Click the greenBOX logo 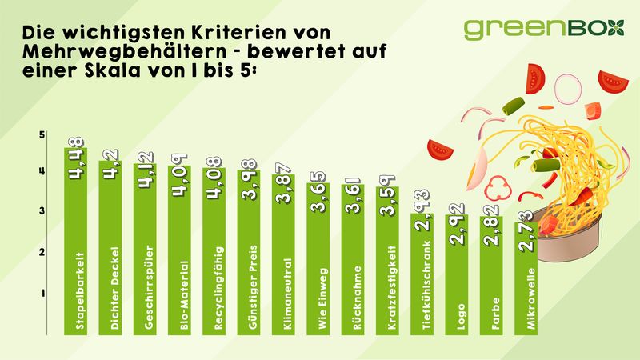pos(544,29)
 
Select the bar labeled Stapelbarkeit pos(75,242)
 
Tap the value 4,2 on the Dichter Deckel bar pos(110,164)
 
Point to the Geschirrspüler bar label pos(149,287)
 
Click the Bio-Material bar pos(179,250)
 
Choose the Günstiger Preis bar pos(249,252)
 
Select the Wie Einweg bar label pos(322,298)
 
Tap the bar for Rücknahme pos(353,259)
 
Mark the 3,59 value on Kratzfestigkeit pos(387,195)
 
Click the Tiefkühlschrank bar pos(422,274)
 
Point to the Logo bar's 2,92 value pos(457,224)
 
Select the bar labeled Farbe pos(491,275)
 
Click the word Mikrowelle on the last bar pos(530,298)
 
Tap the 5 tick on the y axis pos(42,134)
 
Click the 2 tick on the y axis pos(42,252)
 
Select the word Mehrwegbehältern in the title pos(125,51)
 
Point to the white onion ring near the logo pos(567,89)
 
